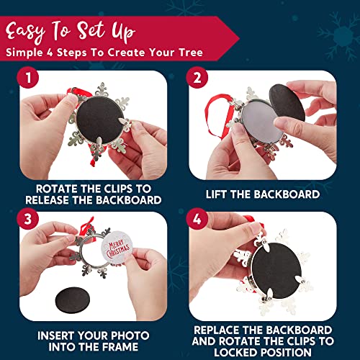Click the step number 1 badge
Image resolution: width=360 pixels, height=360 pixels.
click(x=28, y=77)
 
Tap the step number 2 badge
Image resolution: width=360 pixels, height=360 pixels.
click(x=197, y=77)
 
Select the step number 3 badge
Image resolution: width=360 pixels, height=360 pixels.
click(x=28, y=219)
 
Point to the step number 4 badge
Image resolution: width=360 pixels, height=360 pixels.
click(x=197, y=219)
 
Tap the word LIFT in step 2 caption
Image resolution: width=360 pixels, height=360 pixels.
click(x=216, y=194)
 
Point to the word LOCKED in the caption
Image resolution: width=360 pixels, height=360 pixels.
click(x=236, y=352)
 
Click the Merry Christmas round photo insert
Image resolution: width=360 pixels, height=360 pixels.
click(x=117, y=248)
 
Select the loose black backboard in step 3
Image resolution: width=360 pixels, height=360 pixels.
click(x=73, y=300)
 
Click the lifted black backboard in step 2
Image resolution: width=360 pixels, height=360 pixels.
click(x=287, y=102)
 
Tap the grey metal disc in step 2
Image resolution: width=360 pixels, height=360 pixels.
click(x=261, y=123)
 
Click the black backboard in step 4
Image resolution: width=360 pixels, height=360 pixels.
click(x=276, y=271)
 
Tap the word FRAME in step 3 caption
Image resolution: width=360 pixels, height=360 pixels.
click(x=120, y=347)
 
